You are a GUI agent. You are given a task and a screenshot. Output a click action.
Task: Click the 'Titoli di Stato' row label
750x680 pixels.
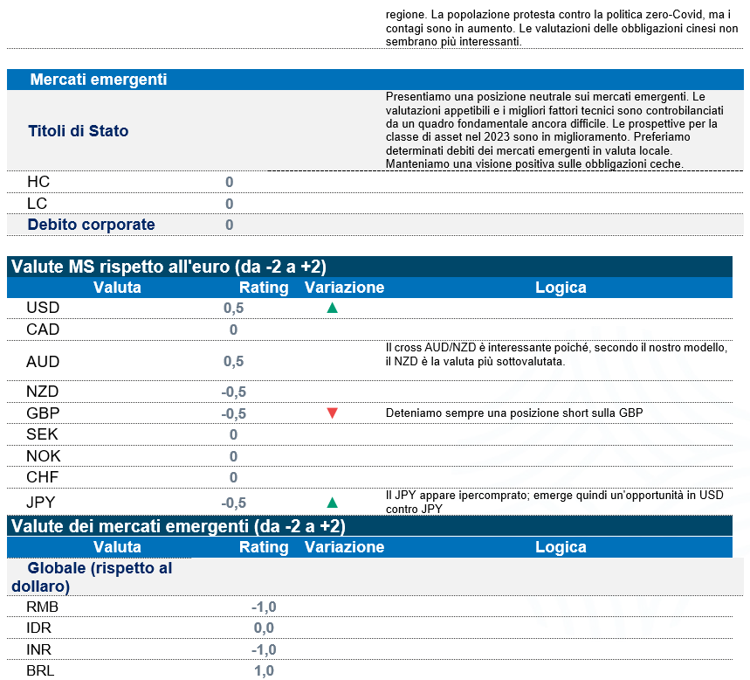tap(79, 131)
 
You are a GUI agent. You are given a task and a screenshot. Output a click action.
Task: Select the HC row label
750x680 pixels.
tap(38, 182)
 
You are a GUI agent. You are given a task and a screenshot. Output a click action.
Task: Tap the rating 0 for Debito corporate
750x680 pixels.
tap(230, 225)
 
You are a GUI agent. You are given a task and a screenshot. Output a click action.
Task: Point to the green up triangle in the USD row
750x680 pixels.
tap(332, 309)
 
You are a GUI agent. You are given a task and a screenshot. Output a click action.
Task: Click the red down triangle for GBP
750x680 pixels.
tap(332, 413)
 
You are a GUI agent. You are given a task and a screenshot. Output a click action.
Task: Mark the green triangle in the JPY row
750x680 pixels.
tap(332, 503)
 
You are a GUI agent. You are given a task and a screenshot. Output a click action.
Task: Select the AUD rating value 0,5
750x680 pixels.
tap(233, 361)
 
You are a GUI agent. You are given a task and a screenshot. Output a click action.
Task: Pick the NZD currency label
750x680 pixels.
tap(43, 392)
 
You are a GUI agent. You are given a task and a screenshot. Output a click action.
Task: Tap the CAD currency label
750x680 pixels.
tap(43, 330)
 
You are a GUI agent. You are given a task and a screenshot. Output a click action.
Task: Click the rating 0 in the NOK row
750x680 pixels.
tap(233, 456)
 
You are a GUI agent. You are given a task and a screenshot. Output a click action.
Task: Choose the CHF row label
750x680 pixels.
tap(43, 477)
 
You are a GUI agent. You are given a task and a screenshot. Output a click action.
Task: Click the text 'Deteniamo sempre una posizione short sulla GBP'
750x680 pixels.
tap(514, 413)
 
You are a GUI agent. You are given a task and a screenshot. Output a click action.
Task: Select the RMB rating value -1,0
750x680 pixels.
tap(263, 607)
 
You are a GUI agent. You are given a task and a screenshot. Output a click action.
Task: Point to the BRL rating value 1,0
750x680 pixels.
tap(263, 670)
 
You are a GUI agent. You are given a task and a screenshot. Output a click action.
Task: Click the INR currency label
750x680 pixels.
tap(40, 649)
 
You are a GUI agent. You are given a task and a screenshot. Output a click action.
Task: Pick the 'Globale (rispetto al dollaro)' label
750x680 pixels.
tap(98, 577)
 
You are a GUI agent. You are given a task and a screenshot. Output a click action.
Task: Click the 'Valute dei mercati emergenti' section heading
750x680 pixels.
tap(179, 526)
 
